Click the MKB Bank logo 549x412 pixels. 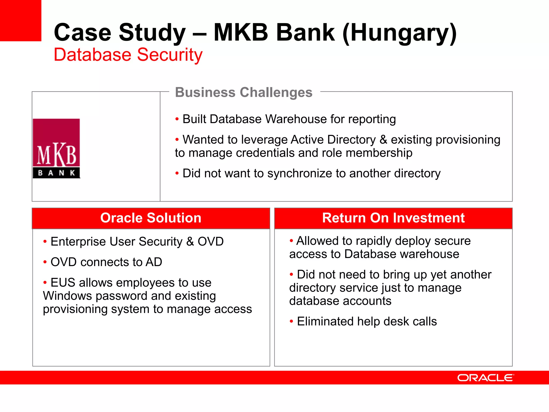tap(56, 148)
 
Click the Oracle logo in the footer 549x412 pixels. tap(485, 378)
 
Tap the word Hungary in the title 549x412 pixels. tap(399, 33)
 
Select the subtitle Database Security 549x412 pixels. tap(128, 55)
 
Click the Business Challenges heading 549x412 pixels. tap(244, 93)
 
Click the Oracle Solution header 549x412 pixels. tap(151, 218)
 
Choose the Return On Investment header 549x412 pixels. tap(393, 218)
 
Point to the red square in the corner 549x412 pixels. tap(20, 20)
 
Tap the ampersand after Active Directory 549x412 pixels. tap(383, 140)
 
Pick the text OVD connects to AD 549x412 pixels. tap(106, 262)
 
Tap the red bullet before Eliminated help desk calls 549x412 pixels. tap(291, 321)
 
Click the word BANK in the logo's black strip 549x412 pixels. tap(56, 173)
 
